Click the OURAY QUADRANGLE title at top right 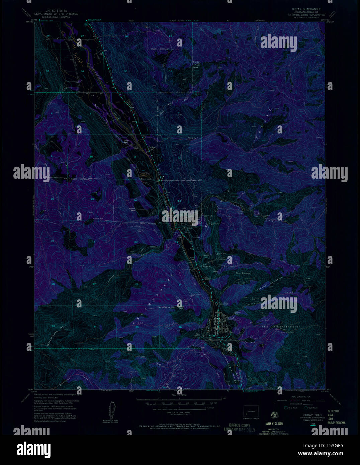pyautogui.click(x=307, y=9)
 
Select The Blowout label pyautogui.click(x=243, y=273)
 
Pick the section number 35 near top pyautogui.click(x=126, y=71)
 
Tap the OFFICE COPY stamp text pyautogui.click(x=240, y=425)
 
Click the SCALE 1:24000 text pyautogui.click(x=179, y=395)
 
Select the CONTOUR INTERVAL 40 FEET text pyautogui.click(x=180, y=414)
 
